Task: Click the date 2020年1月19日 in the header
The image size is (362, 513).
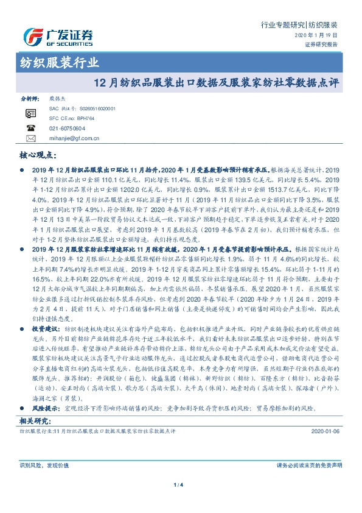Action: [x=320, y=36]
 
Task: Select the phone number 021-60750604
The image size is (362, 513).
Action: [x=67, y=129]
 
